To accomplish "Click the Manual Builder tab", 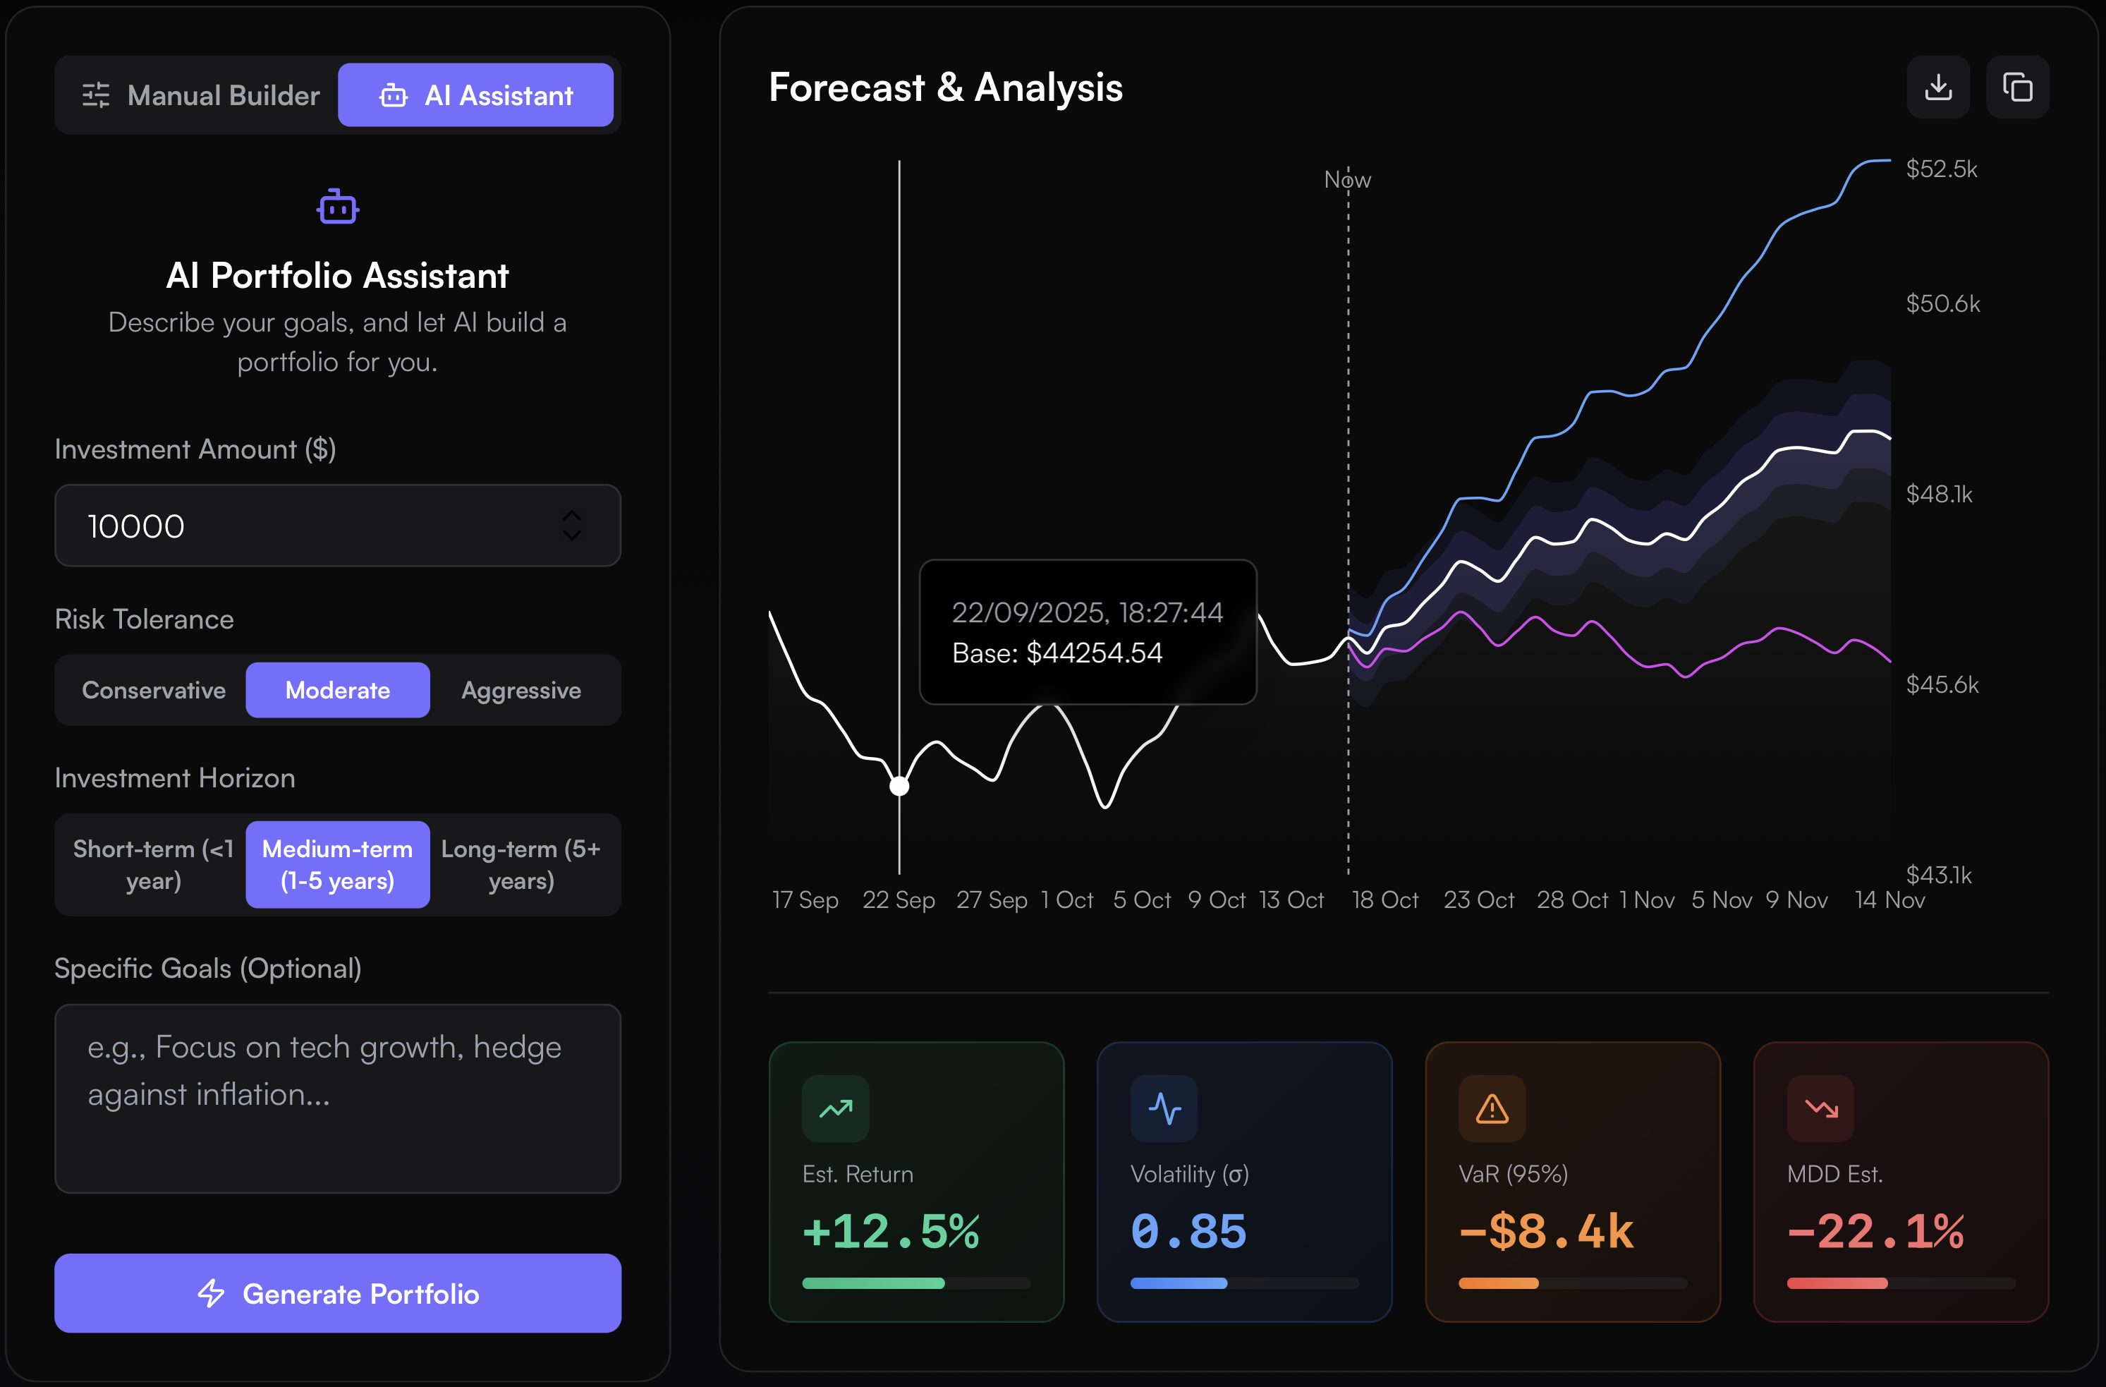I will (x=200, y=95).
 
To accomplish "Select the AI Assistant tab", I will (x=476, y=95).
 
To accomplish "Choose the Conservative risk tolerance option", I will (x=153, y=691).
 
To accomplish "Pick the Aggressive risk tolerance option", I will (x=521, y=691).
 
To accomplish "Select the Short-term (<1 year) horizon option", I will (x=153, y=865).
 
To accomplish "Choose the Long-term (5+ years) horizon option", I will (x=521, y=865).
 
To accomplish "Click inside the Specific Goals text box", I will (x=337, y=1098).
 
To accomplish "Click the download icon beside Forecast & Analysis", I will (x=1938, y=87).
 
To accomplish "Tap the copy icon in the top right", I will (x=2018, y=87).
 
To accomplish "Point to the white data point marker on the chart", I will (x=899, y=786).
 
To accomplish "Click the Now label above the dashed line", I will (x=1347, y=180).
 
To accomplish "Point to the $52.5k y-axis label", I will (x=1942, y=169).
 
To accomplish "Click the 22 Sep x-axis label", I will (x=898, y=900).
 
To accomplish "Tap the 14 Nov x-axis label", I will (x=1889, y=900).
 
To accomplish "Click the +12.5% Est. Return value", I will (x=890, y=1231).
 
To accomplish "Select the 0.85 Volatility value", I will (x=1188, y=1231).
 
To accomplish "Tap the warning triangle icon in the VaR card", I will (x=1492, y=1108).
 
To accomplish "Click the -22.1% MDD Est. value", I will (x=1875, y=1231).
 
